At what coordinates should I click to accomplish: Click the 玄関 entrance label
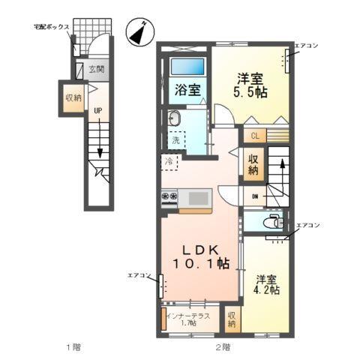coord(97,70)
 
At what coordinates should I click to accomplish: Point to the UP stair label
coord(97,112)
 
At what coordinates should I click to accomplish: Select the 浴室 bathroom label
coord(187,90)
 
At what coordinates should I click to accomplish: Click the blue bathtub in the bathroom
coord(187,65)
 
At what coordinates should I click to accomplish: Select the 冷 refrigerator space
coord(169,160)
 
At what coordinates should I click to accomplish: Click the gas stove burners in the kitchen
coord(169,197)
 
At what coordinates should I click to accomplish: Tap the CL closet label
coord(254,136)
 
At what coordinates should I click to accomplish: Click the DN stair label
coord(255,197)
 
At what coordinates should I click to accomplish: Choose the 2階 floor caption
coord(223,346)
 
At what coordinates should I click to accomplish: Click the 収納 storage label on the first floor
coord(73,98)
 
